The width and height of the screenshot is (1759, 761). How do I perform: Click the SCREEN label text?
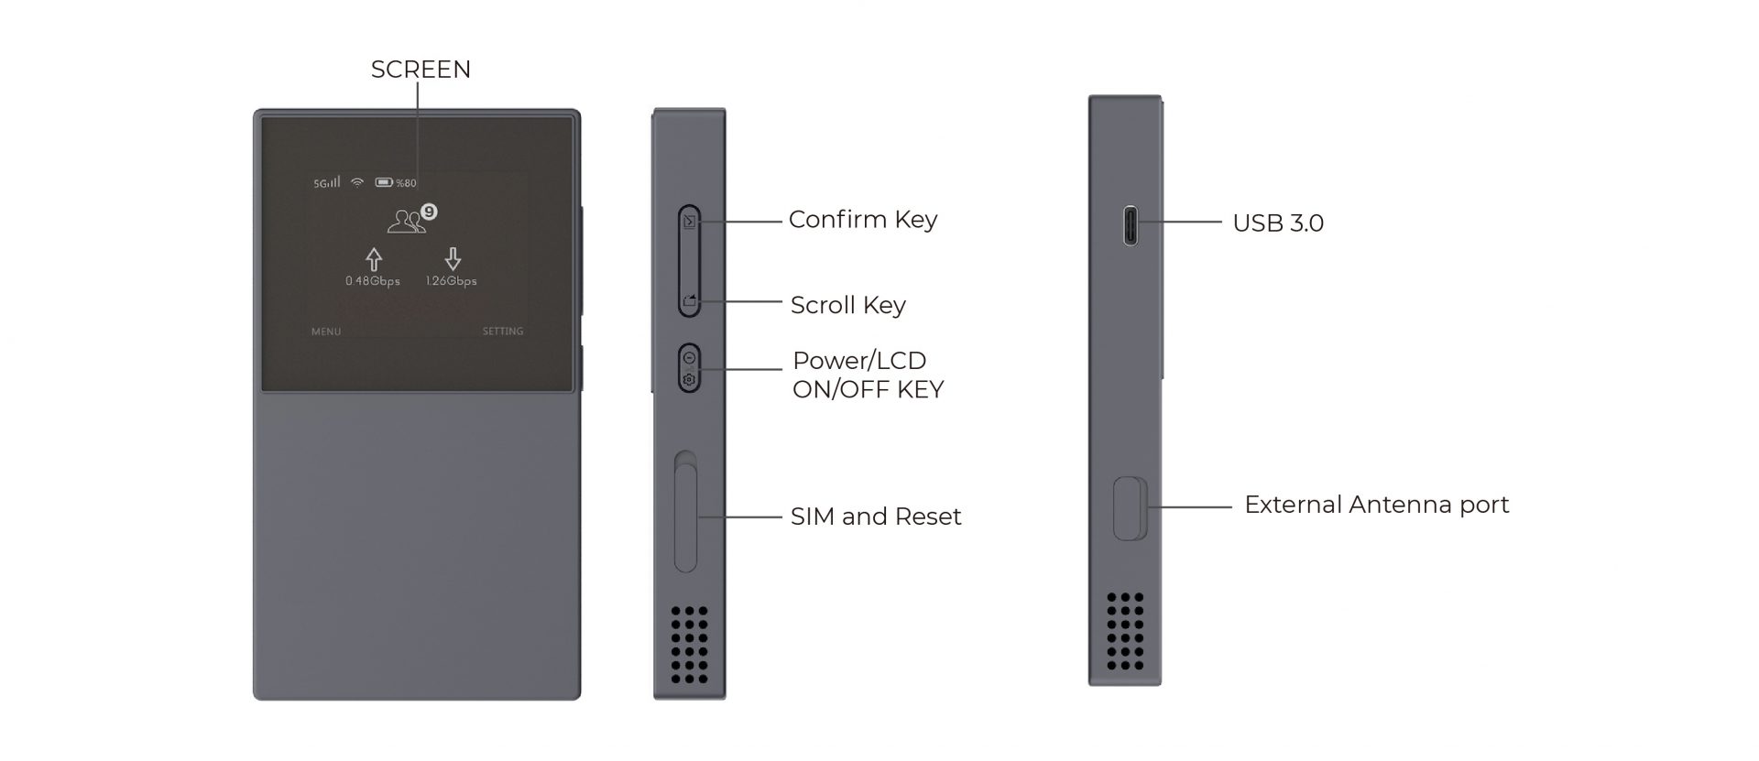click(x=421, y=70)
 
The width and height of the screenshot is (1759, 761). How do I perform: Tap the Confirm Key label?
click(x=862, y=220)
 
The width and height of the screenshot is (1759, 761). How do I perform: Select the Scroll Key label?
click(x=847, y=305)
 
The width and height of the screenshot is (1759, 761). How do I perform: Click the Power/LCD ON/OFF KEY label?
click(x=867, y=375)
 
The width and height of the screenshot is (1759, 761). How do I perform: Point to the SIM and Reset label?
click(x=875, y=516)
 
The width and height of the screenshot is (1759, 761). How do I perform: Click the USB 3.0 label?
click(x=1277, y=223)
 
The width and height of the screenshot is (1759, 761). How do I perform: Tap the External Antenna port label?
click(x=1376, y=505)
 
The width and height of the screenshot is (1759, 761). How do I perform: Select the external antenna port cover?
click(x=1130, y=508)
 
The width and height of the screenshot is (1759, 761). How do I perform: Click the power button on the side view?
click(x=689, y=368)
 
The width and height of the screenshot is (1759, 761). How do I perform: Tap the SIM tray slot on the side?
click(x=685, y=517)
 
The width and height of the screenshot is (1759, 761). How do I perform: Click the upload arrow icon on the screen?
click(x=373, y=259)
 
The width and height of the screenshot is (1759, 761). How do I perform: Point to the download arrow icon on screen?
click(x=452, y=259)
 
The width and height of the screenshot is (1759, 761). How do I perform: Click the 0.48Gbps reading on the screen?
click(x=373, y=281)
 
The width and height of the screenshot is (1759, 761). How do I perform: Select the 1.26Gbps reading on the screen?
click(x=451, y=281)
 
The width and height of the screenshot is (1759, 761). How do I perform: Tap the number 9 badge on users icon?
click(x=429, y=212)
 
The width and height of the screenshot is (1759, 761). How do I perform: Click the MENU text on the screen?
click(x=325, y=332)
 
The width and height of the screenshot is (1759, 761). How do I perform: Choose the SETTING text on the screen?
click(x=503, y=332)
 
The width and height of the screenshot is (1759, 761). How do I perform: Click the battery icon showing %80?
click(x=384, y=183)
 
